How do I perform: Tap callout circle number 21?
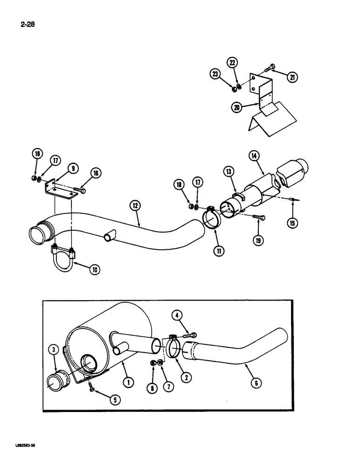point(292,78)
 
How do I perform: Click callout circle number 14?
point(255,157)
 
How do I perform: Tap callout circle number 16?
point(96,174)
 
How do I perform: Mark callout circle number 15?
point(292,223)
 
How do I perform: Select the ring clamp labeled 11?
point(213,218)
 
